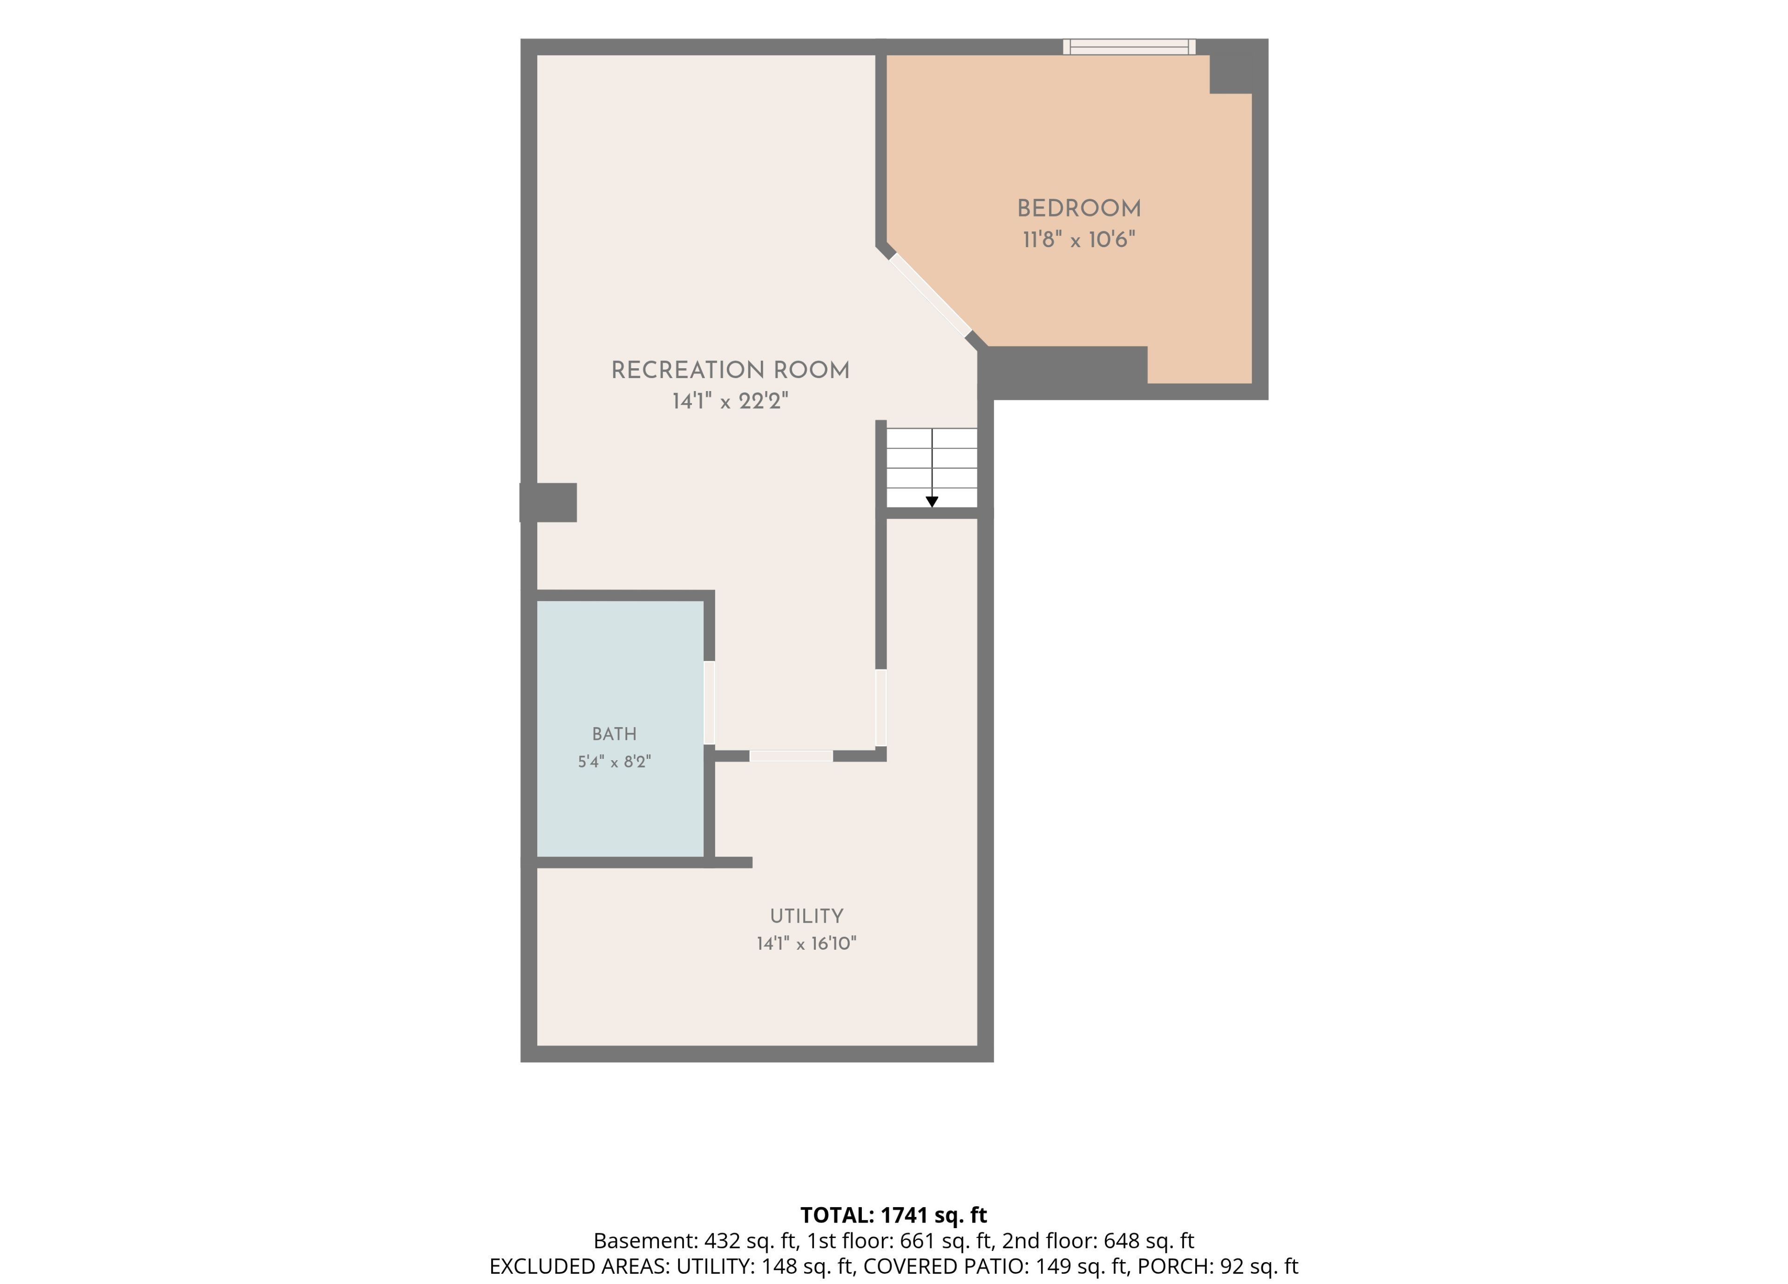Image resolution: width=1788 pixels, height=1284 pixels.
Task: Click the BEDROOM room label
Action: coord(1078,209)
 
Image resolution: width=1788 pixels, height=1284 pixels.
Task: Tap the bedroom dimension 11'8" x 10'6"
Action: coord(1078,240)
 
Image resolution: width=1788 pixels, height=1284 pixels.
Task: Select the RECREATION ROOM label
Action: coord(730,371)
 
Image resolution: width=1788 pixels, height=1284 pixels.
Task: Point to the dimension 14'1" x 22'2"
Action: coord(730,401)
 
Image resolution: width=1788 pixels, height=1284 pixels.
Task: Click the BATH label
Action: coord(614,734)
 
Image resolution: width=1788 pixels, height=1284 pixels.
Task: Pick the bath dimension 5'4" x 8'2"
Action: coord(614,761)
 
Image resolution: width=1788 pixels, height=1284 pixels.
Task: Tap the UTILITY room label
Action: coord(806,916)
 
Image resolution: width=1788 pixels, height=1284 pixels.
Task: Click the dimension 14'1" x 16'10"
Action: coord(806,944)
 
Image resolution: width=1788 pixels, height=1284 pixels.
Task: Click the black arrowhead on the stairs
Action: coord(932,501)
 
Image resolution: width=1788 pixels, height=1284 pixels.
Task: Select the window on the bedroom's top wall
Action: coord(1129,47)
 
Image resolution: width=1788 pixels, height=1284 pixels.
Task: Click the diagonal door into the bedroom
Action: coord(930,295)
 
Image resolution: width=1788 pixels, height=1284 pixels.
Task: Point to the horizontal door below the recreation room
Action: coord(791,756)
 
